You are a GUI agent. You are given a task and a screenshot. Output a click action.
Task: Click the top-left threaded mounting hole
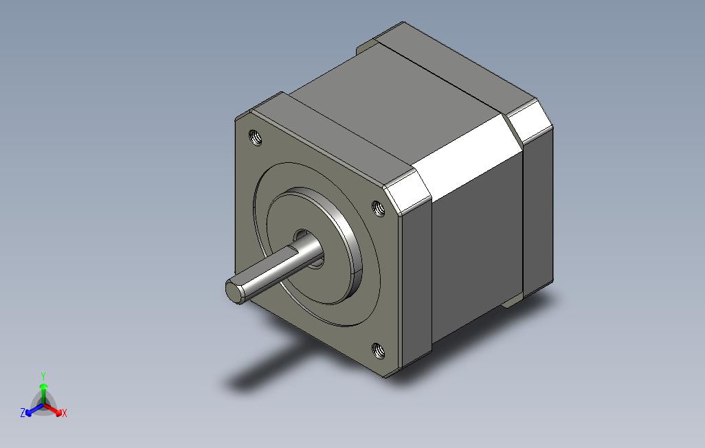pyautogui.click(x=256, y=137)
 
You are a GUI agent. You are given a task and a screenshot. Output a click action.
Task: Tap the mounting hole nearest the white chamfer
pyautogui.click(x=379, y=208)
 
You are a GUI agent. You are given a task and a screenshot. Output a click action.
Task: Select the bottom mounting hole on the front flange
pyautogui.click(x=379, y=350)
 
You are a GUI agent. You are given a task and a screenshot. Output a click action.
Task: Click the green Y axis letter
pyautogui.click(x=43, y=376)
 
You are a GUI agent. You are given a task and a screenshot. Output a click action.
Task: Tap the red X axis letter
pyautogui.click(x=65, y=413)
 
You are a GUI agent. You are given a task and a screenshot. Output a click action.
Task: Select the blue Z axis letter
pyautogui.click(x=23, y=412)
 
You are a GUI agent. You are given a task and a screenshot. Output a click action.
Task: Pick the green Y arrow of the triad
pyautogui.click(x=43, y=394)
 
